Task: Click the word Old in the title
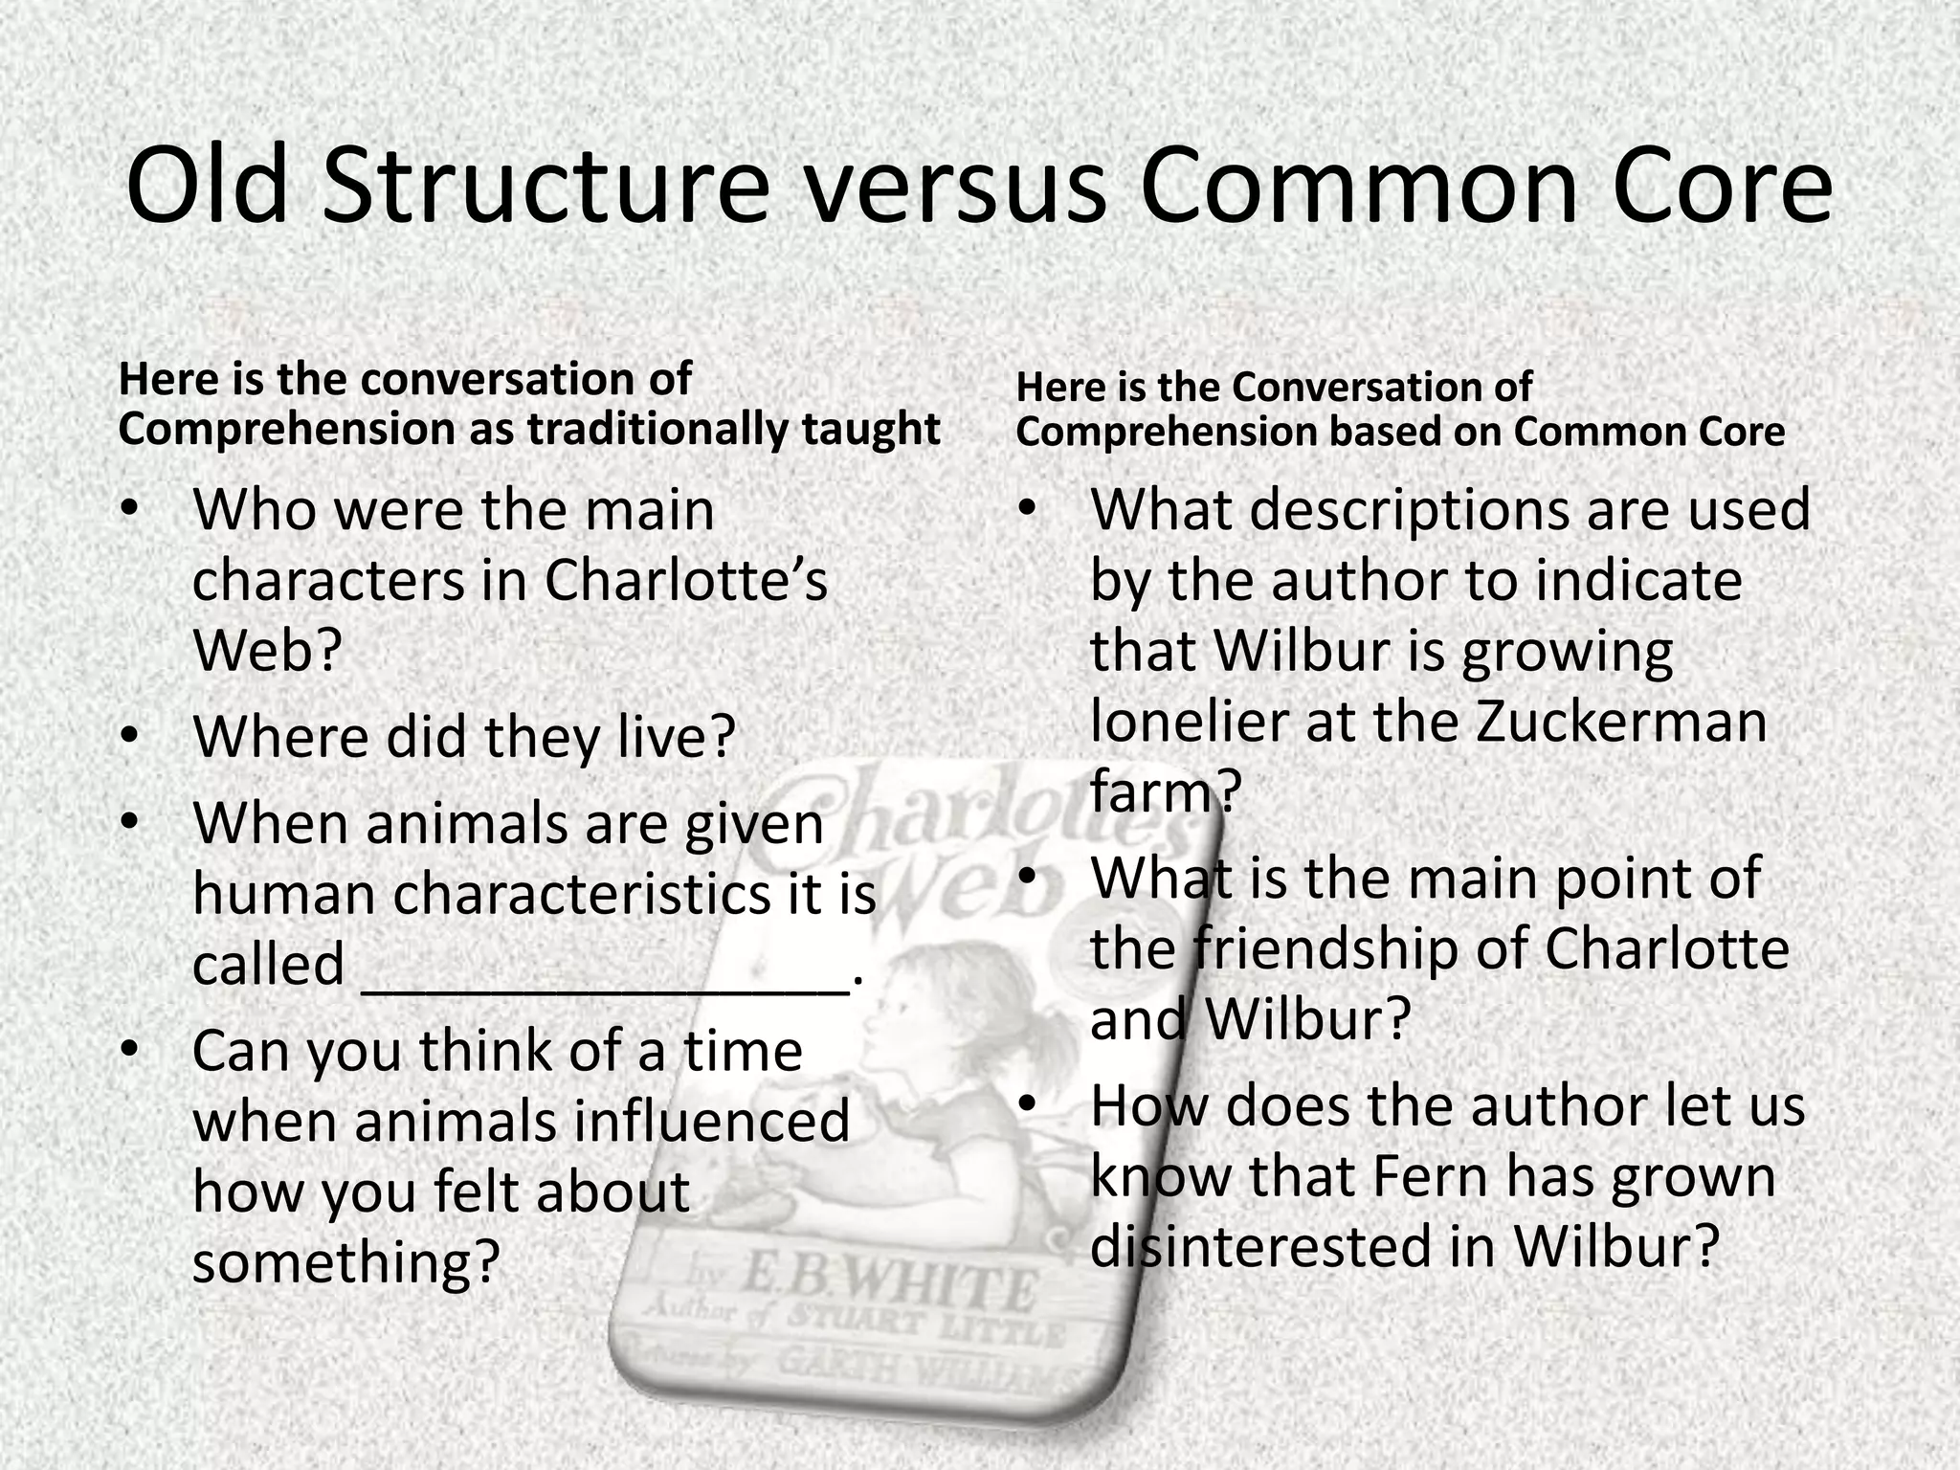pyautogui.click(x=207, y=186)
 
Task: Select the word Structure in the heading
pyautogui.click(x=546, y=186)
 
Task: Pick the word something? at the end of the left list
pyautogui.click(x=346, y=1261)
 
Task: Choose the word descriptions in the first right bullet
pyautogui.click(x=1411, y=508)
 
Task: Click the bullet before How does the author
pyautogui.click(x=1028, y=1104)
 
